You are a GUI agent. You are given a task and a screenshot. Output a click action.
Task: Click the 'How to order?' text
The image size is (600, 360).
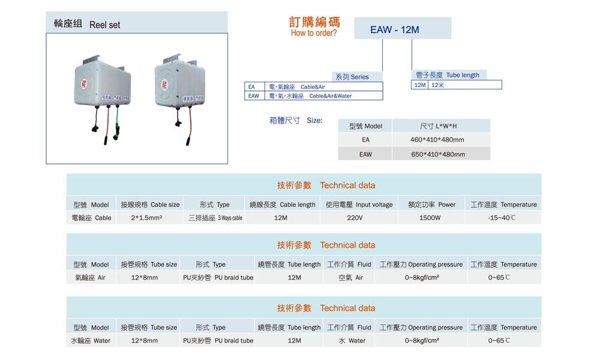coord(314,34)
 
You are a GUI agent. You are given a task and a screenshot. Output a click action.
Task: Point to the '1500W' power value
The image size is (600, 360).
coord(430,218)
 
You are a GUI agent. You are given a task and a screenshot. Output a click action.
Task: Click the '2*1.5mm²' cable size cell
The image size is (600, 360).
coord(146,218)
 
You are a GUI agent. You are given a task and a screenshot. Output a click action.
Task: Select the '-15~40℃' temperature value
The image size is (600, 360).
coord(502,218)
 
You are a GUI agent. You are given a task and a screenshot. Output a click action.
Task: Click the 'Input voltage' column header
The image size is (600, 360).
coord(359,205)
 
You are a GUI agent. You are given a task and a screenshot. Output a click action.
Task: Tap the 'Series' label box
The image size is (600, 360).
coord(352,77)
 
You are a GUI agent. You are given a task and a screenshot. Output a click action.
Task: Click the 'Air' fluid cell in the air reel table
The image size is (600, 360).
coord(351,278)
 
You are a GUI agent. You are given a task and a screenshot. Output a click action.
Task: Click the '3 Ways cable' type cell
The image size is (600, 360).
coord(215,218)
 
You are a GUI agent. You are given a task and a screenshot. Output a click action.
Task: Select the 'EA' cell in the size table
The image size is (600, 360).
coord(365,140)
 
